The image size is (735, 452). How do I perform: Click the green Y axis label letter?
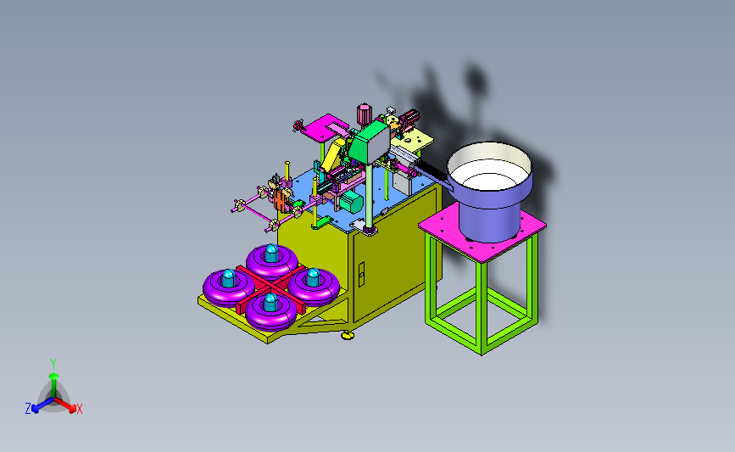(53, 364)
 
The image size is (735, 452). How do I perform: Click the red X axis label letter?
(79, 409)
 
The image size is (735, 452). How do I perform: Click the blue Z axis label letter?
(28, 409)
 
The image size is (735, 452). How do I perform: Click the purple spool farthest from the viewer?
(272, 260)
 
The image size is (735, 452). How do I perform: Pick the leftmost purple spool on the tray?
(228, 286)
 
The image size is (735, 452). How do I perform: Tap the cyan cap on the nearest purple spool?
(270, 302)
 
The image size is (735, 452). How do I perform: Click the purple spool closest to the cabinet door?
(314, 285)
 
